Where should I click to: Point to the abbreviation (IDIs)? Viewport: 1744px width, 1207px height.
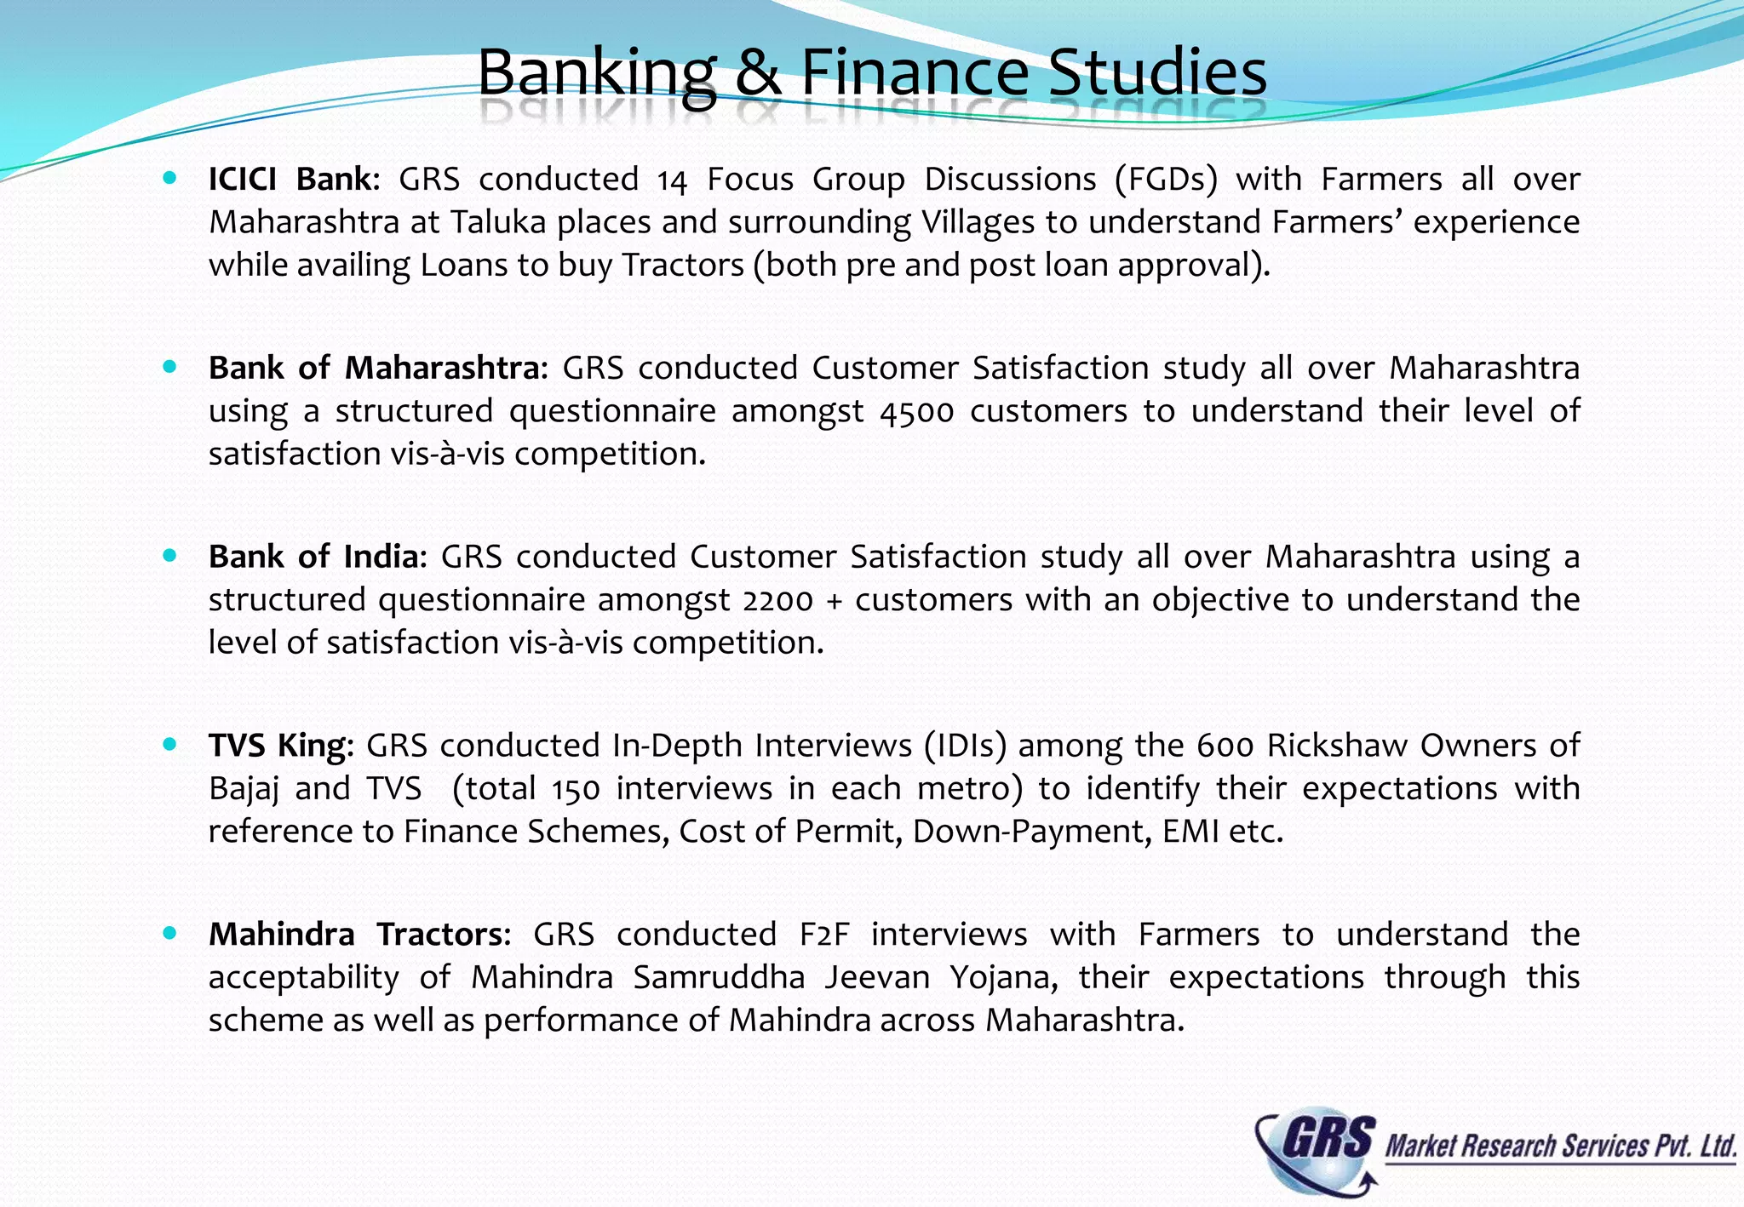(966, 746)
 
